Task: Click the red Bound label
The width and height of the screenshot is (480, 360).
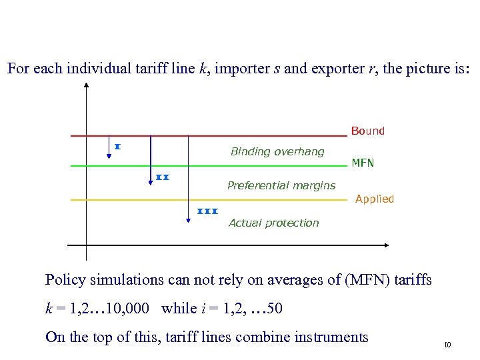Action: [x=368, y=131]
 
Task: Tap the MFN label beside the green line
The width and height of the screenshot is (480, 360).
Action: [x=363, y=163]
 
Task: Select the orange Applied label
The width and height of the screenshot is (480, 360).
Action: [x=375, y=199]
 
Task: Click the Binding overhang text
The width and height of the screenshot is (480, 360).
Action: [x=277, y=151]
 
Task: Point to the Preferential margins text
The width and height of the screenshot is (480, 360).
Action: [x=281, y=185]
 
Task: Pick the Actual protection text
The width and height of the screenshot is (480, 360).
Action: [x=273, y=223]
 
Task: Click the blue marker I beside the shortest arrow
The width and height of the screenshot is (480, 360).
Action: [x=117, y=146]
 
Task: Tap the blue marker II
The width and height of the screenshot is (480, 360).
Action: [x=163, y=177]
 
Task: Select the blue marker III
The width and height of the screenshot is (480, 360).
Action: [x=208, y=211]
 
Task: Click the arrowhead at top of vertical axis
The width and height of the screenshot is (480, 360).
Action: [x=87, y=85]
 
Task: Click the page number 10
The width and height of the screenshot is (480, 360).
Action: [x=447, y=345]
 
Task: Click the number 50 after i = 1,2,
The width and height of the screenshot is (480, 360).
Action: [x=275, y=308]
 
